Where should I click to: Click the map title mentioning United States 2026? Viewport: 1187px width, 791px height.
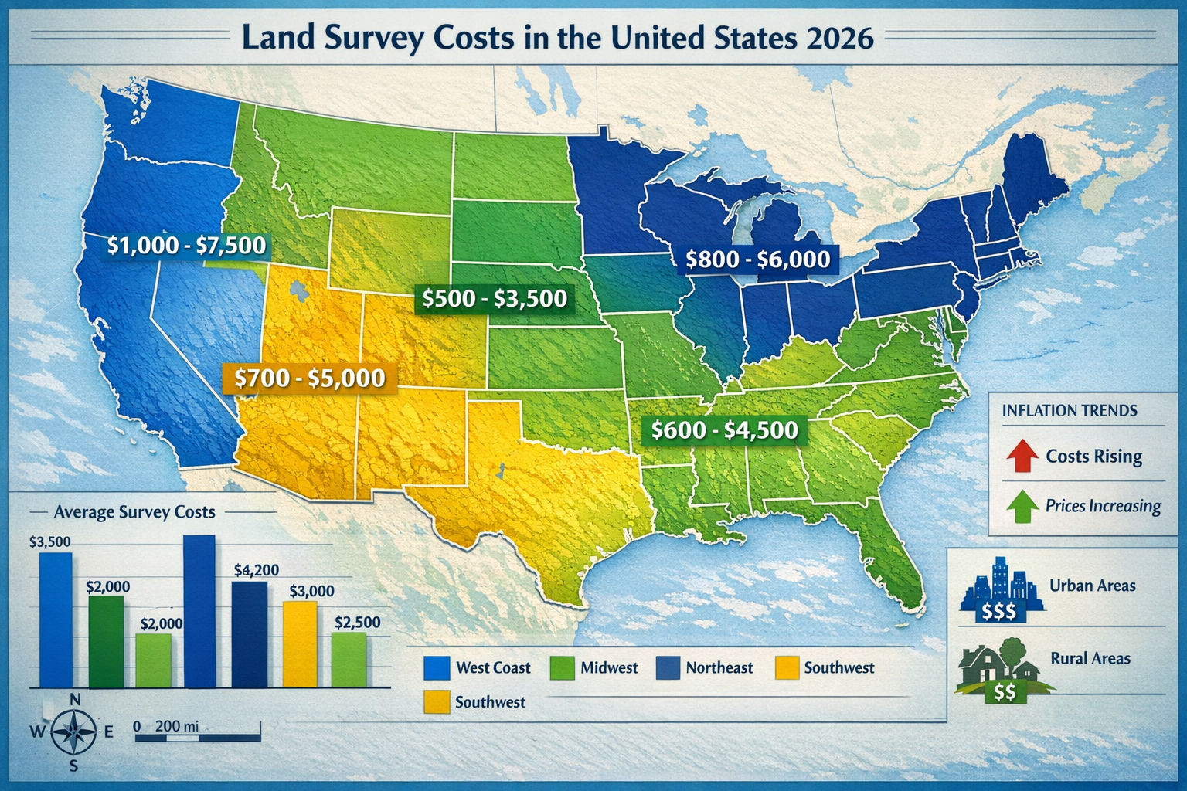tap(557, 37)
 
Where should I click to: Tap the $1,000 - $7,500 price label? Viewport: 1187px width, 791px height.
tap(186, 246)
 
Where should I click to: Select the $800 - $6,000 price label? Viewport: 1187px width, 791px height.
tap(757, 260)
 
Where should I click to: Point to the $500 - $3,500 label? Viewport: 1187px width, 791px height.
tap(495, 298)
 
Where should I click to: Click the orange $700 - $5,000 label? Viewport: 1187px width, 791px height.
tap(309, 378)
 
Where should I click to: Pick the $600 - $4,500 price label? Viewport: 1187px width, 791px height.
tap(724, 429)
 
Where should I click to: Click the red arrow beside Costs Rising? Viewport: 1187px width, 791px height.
tap(1022, 456)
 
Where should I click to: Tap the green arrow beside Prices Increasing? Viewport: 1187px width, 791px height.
tap(1022, 506)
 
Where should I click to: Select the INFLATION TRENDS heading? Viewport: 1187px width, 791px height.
tap(1070, 410)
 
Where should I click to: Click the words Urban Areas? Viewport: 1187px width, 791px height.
tap(1092, 586)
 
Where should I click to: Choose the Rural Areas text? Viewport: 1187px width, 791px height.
tap(1090, 658)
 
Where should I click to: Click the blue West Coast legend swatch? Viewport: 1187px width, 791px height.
tap(437, 667)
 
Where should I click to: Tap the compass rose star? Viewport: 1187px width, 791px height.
tap(74, 731)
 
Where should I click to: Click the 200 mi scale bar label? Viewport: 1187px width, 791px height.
tap(177, 726)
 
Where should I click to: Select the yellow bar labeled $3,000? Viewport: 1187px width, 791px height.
tap(300, 644)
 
